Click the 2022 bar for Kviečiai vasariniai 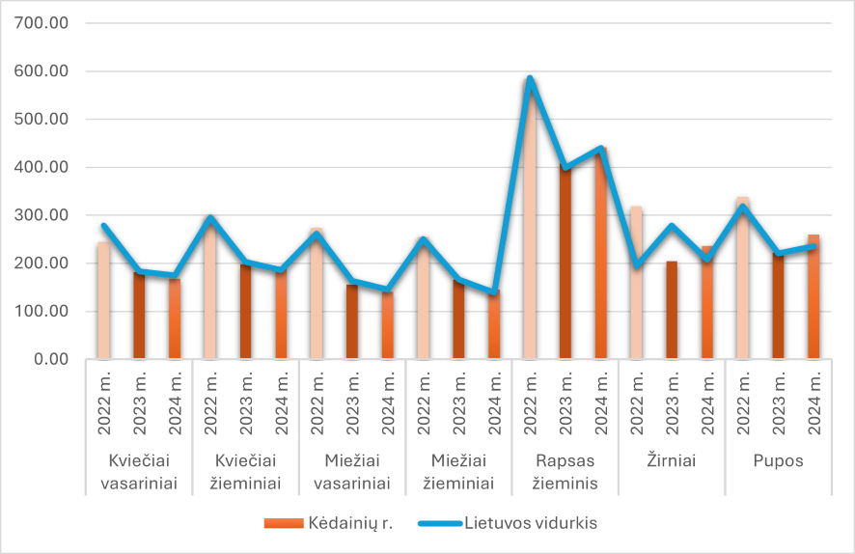103,300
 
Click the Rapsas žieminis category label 565,472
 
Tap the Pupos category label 778,461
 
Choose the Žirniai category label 672,461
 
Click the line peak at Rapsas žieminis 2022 530,78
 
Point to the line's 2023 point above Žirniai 672,226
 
